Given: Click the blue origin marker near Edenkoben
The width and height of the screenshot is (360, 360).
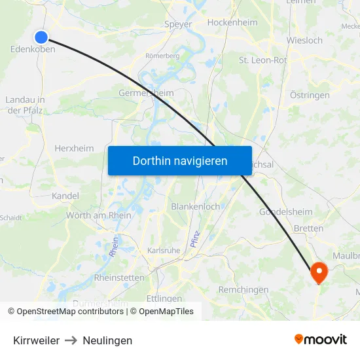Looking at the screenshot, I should tap(41, 37).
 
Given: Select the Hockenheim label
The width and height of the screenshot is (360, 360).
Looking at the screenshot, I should tap(232, 22).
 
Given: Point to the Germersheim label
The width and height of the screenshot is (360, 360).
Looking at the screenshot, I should tap(146, 93).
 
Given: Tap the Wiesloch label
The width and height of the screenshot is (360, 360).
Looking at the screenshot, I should tap(304, 40).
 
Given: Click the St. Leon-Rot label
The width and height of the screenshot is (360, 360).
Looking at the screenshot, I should tap(262, 60).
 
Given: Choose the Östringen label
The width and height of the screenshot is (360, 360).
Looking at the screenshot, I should tap(310, 95).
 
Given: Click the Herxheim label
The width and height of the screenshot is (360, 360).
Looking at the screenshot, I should tap(74, 148).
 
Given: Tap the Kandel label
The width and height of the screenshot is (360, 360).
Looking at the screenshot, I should tap(65, 196).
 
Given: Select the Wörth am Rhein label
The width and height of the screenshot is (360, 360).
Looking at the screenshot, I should tap(99, 215).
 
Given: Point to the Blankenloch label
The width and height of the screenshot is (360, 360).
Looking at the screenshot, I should tap(195, 206).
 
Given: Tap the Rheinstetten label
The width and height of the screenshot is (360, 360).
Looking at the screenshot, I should tap(119, 278).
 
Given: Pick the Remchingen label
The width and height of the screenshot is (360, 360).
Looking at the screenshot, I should tap(243, 289).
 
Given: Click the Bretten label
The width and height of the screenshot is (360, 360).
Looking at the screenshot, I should tap(309, 228).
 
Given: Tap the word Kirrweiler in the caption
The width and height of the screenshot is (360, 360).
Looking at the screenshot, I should tap(36, 340).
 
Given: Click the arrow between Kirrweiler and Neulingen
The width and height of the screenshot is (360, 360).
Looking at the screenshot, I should tap(71, 340).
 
